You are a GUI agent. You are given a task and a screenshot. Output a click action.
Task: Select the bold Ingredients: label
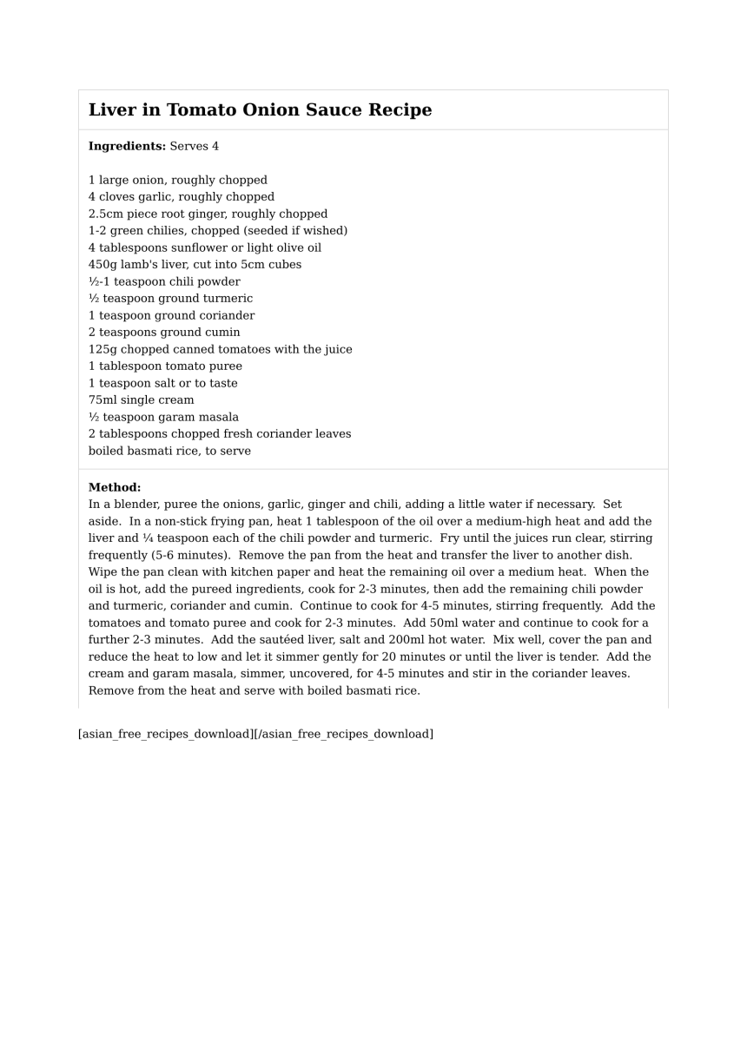[127, 146]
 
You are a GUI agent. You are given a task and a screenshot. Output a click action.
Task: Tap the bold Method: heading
[115, 487]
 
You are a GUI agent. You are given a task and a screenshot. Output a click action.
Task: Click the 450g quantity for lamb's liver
[102, 264]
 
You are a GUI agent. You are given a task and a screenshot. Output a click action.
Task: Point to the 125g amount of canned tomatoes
[102, 349]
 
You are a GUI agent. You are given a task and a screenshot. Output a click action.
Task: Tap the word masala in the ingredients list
[217, 417]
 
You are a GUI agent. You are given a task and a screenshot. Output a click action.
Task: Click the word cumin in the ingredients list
[223, 332]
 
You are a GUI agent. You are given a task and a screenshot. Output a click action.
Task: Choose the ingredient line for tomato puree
[165, 366]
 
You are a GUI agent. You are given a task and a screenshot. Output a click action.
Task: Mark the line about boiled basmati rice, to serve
[169, 451]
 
